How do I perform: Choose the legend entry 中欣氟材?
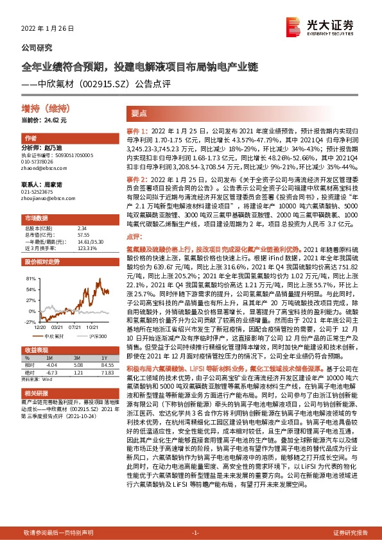[x=53, y=335]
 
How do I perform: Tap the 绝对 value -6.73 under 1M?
[x=52, y=372]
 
